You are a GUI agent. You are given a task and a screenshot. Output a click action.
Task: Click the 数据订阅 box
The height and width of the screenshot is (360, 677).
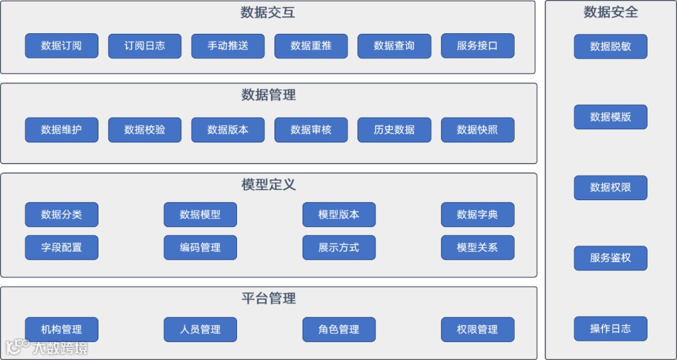[61, 46]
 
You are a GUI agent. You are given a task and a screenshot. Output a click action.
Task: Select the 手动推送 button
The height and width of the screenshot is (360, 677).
[228, 46]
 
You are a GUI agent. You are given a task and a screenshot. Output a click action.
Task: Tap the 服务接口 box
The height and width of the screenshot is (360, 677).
[477, 46]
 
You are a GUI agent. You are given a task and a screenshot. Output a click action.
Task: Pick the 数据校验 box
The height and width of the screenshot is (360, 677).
[145, 130]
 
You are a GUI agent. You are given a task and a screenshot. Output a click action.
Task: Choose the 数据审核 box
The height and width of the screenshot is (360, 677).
[311, 130]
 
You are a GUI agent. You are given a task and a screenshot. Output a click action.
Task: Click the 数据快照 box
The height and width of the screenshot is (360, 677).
[477, 130]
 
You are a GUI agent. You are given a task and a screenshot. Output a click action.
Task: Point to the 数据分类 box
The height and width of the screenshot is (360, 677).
[61, 214]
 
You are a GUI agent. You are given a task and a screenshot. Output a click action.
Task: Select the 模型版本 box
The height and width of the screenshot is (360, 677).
[338, 214]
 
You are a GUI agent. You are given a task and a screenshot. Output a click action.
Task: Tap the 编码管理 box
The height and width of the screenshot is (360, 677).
[200, 248]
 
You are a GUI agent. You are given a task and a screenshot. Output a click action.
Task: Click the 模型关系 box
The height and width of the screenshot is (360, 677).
[477, 248]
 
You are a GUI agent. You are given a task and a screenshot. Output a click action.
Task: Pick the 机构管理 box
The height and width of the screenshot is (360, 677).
[61, 329]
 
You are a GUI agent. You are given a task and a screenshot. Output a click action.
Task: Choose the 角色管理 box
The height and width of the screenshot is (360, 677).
[338, 329]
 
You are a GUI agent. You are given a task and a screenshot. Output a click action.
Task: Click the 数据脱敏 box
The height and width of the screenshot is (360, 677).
[610, 46]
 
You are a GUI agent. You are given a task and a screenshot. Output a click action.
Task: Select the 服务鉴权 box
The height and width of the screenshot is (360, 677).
[610, 258]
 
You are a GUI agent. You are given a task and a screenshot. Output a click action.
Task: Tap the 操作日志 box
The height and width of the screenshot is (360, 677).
[610, 329]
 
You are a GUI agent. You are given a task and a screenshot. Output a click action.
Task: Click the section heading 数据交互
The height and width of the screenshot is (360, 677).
[268, 13]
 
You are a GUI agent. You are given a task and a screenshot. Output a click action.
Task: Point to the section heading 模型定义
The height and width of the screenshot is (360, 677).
[268, 185]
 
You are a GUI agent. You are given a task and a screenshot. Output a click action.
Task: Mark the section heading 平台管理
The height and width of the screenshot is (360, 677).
[268, 299]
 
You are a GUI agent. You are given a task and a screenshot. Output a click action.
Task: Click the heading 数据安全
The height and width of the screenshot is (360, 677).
[611, 12]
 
